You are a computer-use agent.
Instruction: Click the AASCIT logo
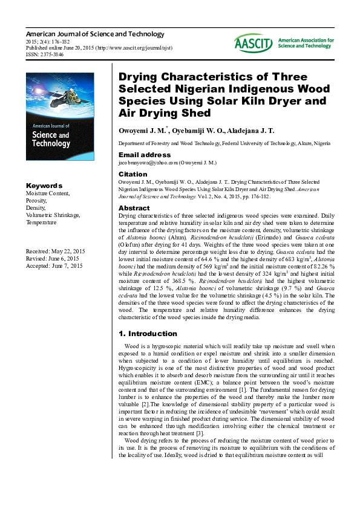(254, 42)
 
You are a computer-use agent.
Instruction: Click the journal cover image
(59, 116)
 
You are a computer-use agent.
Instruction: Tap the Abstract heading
(134, 208)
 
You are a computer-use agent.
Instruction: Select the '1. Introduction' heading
(148, 334)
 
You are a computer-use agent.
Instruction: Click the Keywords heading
(44, 185)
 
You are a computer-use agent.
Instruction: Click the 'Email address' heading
(144, 155)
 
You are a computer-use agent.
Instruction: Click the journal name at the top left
(94, 34)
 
